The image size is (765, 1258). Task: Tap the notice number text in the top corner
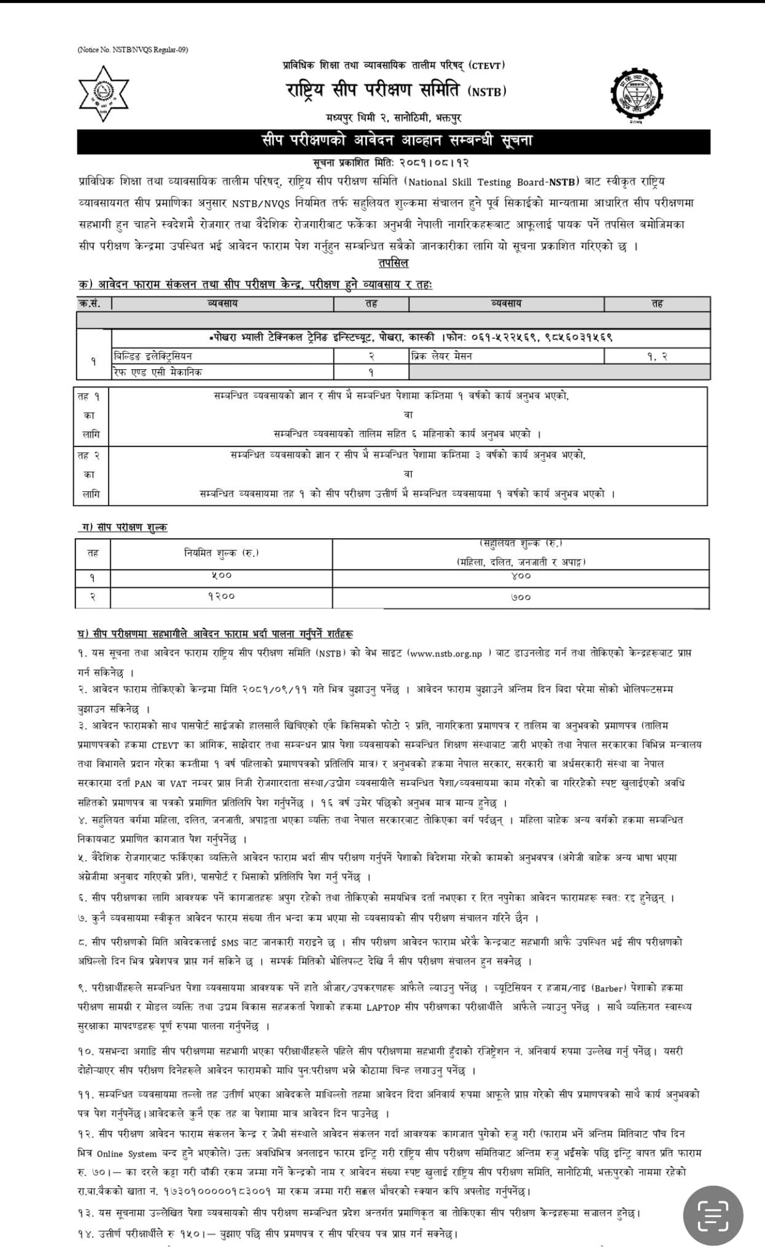(x=133, y=50)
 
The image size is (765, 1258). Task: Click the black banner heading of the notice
(x=394, y=141)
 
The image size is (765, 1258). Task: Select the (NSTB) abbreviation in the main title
(x=487, y=92)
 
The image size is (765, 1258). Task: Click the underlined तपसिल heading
(x=394, y=263)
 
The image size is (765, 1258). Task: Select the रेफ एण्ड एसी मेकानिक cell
(x=158, y=372)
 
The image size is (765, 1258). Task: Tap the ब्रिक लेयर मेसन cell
(x=442, y=356)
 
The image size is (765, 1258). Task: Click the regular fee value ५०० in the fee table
(x=221, y=576)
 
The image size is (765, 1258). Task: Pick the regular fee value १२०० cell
(x=221, y=596)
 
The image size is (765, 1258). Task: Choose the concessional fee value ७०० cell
(x=521, y=596)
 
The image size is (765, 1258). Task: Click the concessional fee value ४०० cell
(x=521, y=576)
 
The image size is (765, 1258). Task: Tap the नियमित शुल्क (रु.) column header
(x=221, y=553)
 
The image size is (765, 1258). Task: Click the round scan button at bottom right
(x=713, y=1215)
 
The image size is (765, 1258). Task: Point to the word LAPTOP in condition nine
(x=384, y=1007)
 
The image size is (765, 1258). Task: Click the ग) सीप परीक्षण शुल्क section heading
(x=125, y=527)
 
